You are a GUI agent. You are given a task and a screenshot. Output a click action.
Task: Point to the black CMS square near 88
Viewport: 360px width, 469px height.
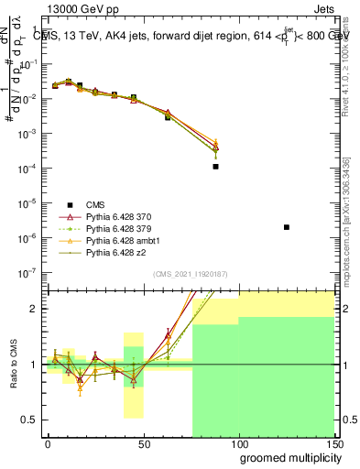tap(215, 167)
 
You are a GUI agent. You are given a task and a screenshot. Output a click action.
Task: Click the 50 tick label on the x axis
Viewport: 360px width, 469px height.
tap(143, 444)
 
